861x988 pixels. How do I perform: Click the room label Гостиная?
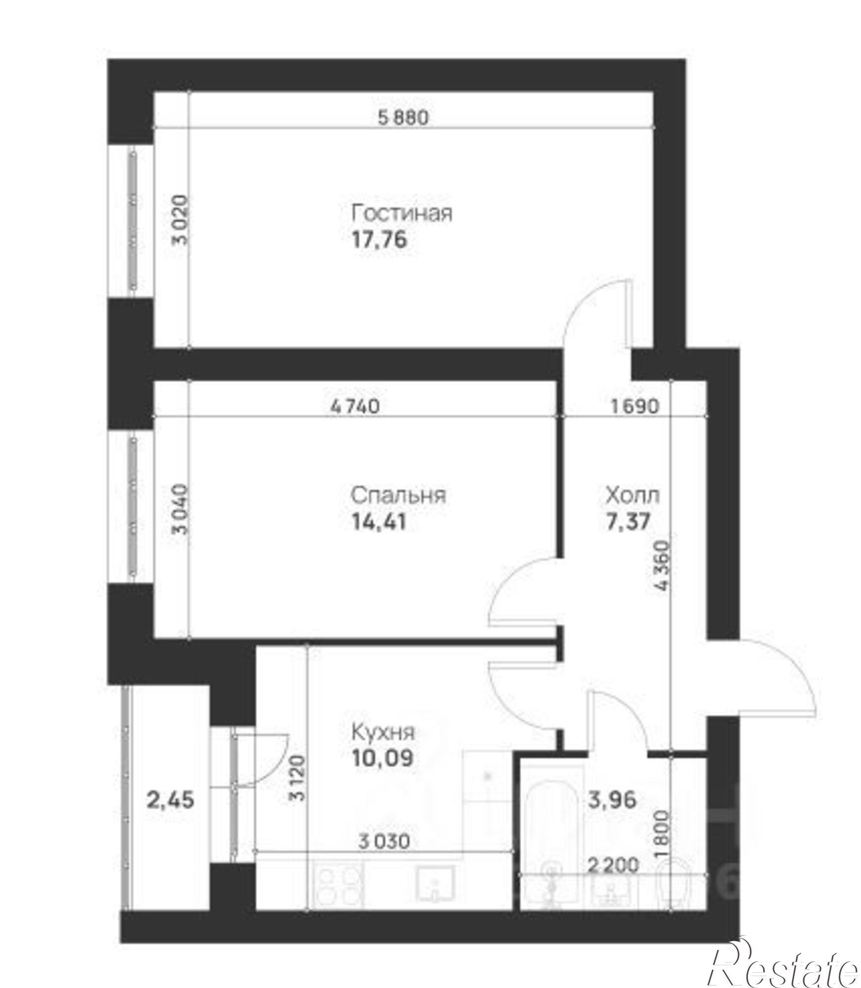click(x=401, y=214)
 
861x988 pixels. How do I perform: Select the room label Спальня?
click(x=398, y=494)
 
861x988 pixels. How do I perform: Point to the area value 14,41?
click(x=379, y=522)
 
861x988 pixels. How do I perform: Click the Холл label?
click(x=632, y=494)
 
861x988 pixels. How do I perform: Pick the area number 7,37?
click(x=627, y=521)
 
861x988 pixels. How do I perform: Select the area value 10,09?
click(x=382, y=758)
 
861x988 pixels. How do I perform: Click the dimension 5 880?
click(x=404, y=118)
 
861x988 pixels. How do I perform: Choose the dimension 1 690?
click(x=635, y=407)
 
